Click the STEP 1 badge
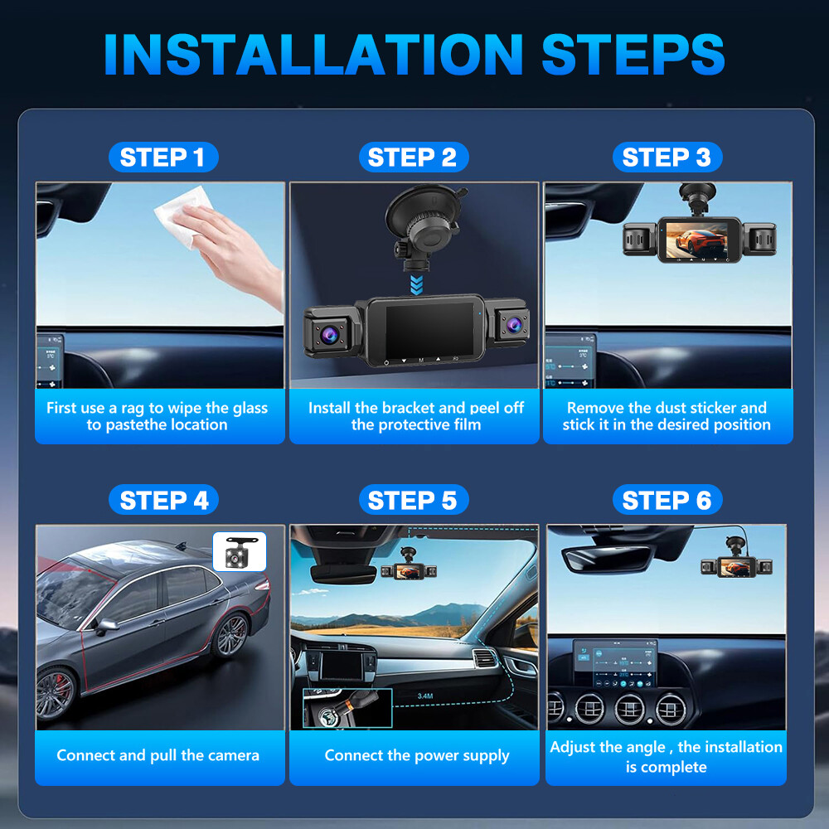(162, 158)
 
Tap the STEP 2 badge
(413, 158)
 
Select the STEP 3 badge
(667, 158)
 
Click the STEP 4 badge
(163, 501)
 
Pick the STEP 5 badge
(413, 501)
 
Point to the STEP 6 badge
(667, 501)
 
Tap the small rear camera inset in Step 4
(240, 551)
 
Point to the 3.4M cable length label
(425, 696)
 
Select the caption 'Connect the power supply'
(417, 755)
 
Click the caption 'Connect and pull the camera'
(158, 755)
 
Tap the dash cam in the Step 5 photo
(409, 570)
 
